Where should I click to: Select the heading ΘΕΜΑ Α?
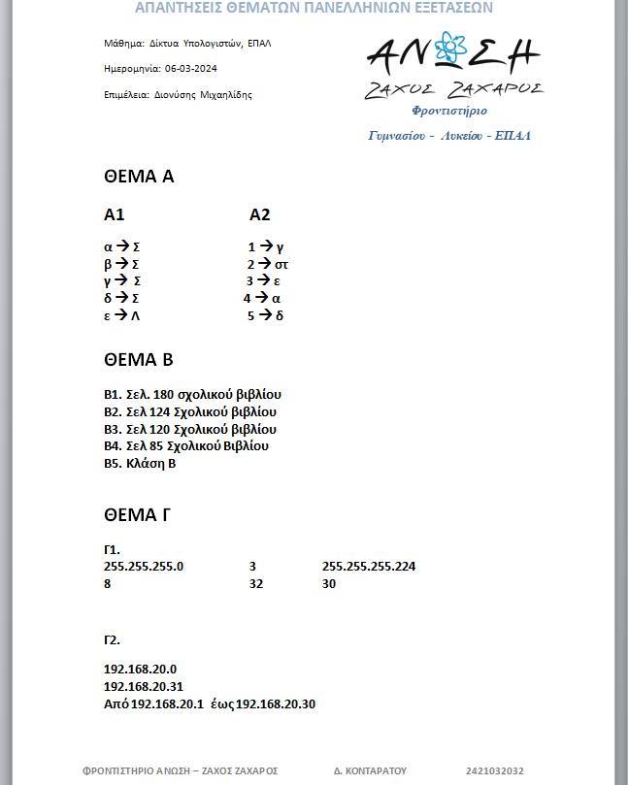point(138,177)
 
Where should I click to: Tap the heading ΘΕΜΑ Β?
point(138,360)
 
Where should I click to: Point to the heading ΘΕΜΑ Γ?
point(137,514)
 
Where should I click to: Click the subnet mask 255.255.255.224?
point(368,567)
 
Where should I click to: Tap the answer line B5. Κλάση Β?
point(140,464)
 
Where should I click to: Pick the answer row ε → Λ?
point(122,315)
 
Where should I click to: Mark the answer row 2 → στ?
point(268,264)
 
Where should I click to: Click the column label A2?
point(259,214)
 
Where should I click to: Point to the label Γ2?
point(112,640)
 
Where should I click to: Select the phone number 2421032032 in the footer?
point(495,770)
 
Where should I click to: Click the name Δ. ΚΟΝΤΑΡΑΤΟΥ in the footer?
point(370,770)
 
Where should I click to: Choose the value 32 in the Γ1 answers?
point(256,584)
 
